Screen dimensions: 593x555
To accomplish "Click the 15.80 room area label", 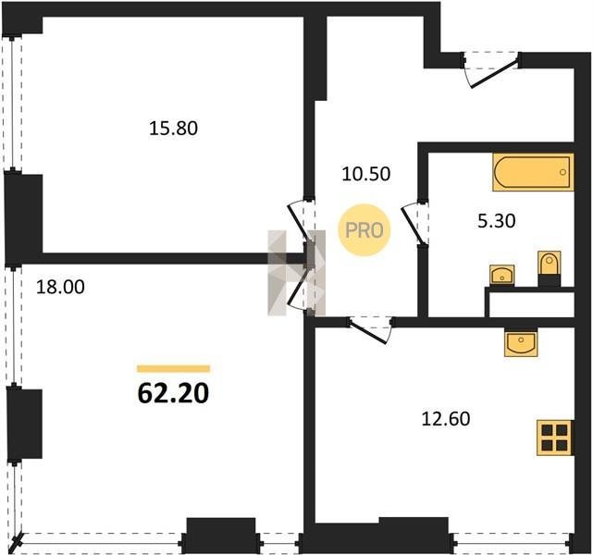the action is coord(174,129).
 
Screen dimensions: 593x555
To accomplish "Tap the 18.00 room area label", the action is coord(60,287).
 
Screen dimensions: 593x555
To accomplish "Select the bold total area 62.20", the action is coord(174,393).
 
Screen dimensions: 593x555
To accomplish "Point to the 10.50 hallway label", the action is coord(366,174).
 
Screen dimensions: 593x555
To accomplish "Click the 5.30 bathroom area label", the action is coord(497,221).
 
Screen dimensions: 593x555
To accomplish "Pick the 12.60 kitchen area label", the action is coord(446,419).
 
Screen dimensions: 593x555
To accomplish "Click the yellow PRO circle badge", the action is coord(364,230).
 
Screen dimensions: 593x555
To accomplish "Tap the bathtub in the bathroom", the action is coord(533,172).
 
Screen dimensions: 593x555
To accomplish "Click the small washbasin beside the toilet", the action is coord(501,275).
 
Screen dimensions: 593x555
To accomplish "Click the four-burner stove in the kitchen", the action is coord(555,438).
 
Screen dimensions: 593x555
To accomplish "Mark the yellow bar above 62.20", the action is coord(174,369).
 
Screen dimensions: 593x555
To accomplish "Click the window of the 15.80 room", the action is coord(12,104).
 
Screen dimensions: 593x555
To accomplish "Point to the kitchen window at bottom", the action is coord(511,543).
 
